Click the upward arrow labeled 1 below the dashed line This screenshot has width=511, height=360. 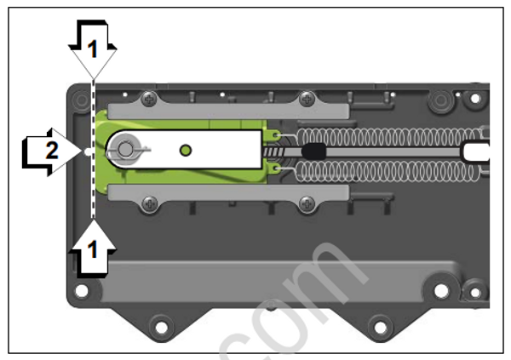click(x=94, y=247)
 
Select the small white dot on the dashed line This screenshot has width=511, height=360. click(x=89, y=151)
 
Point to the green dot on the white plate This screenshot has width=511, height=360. click(x=186, y=151)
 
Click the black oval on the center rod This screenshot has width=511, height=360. click(x=313, y=151)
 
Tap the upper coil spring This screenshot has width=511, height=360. click(x=383, y=136)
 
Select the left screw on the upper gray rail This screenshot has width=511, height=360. click(x=150, y=100)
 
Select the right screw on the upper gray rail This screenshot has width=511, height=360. click(x=303, y=100)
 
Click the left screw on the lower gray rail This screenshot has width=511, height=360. click(x=150, y=203)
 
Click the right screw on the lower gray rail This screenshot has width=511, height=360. click(x=303, y=203)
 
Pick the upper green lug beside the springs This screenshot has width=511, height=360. click(x=275, y=134)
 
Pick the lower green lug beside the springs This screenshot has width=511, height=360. click(x=275, y=169)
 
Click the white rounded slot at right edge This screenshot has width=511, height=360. click(x=475, y=151)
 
